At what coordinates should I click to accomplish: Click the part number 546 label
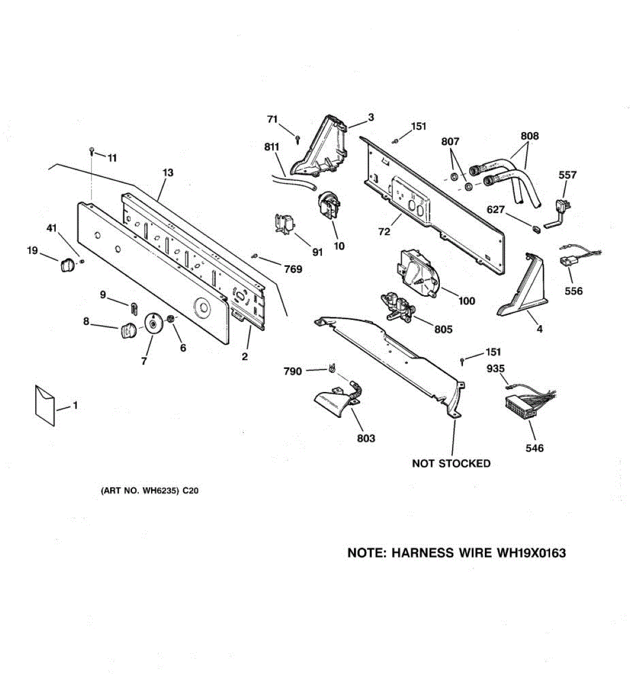point(534,448)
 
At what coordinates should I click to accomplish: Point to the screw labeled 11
point(92,151)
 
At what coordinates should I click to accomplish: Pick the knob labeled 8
point(128,331)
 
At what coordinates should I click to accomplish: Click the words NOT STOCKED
point(451,463)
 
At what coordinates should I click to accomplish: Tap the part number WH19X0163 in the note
point(531,553)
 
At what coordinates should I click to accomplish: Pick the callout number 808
point(529,135)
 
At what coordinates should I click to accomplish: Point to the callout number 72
point(384,231)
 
